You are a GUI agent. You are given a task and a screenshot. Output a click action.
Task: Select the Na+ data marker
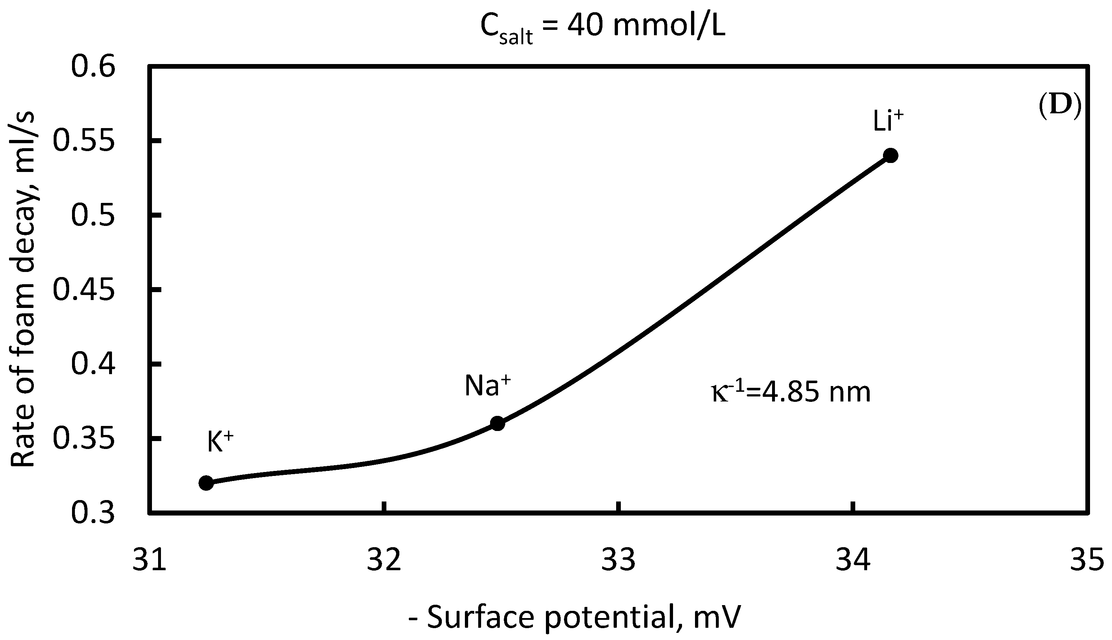click(497, 424)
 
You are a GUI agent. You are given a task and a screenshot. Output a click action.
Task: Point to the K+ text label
click(220, 442)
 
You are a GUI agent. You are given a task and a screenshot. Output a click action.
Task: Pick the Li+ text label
click(888, 121)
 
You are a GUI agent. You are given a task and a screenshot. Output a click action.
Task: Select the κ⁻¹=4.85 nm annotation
click(791, 392)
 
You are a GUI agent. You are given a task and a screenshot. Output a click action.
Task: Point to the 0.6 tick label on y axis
click(93, 67)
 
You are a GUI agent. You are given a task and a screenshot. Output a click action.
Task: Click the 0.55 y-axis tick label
click(84, 141)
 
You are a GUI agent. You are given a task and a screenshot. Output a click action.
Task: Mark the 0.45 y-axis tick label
click(84, 290)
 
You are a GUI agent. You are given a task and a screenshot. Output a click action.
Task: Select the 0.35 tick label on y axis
click(84, 439)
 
